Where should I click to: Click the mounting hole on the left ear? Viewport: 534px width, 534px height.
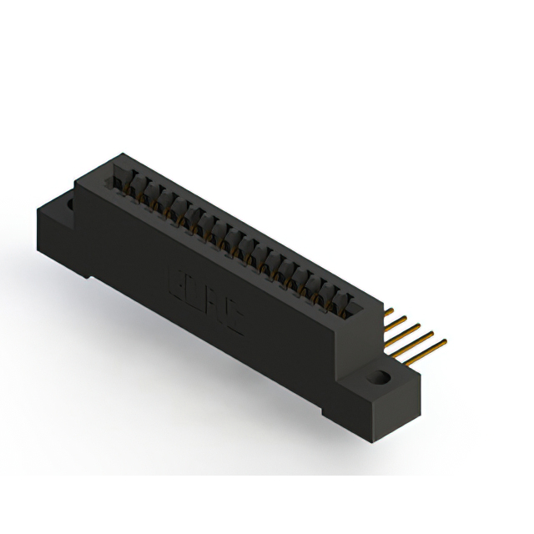point(70,203)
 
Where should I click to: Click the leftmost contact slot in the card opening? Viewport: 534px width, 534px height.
point(119,179)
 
